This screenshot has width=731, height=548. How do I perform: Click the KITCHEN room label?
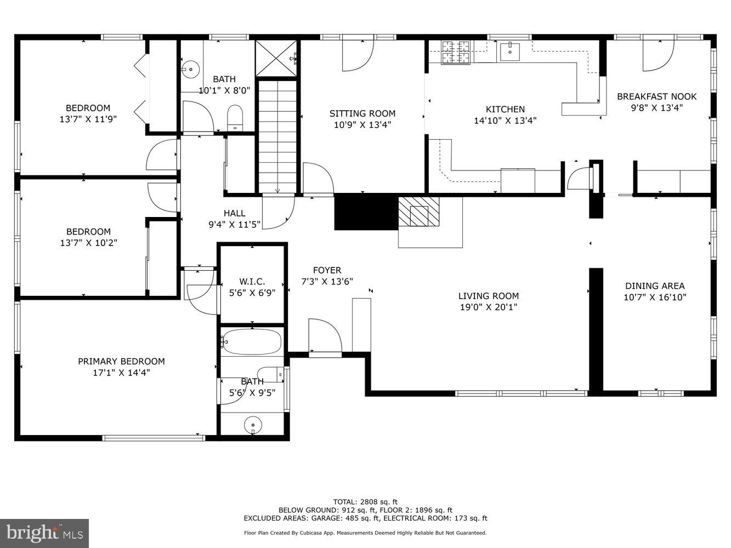[x=505, y=109]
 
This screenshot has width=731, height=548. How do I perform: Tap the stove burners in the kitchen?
[x=457, y=52]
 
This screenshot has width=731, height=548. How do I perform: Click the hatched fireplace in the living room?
[x=419, y=212]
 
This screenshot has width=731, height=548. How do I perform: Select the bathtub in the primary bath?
[x=252, y=342]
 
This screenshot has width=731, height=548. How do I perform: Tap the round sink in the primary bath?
[x=253, y=424]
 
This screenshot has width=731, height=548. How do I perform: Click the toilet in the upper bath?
[x=235, y=117]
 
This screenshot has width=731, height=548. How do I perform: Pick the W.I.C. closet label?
[x=252, y=281]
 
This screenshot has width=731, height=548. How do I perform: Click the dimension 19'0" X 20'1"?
[x=488, y=307]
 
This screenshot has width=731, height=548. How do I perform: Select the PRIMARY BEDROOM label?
[x=121, y=361]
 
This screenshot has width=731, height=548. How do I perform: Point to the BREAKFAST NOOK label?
[x=656, y=96]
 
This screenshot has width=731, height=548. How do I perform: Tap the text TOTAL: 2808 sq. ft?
[x=365, y=501]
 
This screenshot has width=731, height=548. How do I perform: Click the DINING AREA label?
[x=655, y=286]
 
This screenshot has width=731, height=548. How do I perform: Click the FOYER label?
[x=327, y=270]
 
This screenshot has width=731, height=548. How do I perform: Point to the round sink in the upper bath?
[x=191, y=69]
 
